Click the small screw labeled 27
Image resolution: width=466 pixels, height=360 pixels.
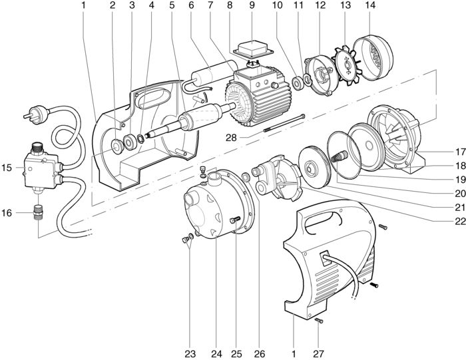click(x=318, y=321)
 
